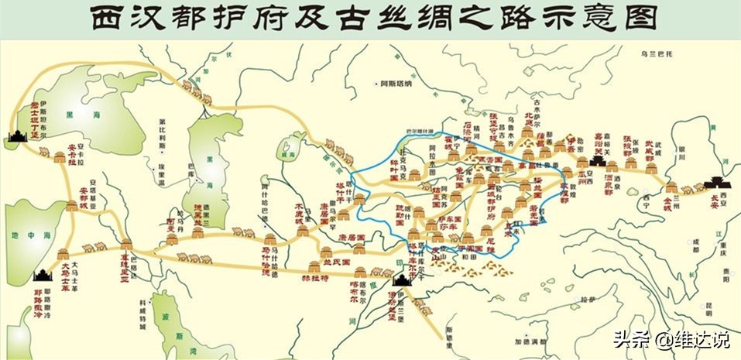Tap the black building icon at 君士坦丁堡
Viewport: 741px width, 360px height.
coord(18,136)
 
